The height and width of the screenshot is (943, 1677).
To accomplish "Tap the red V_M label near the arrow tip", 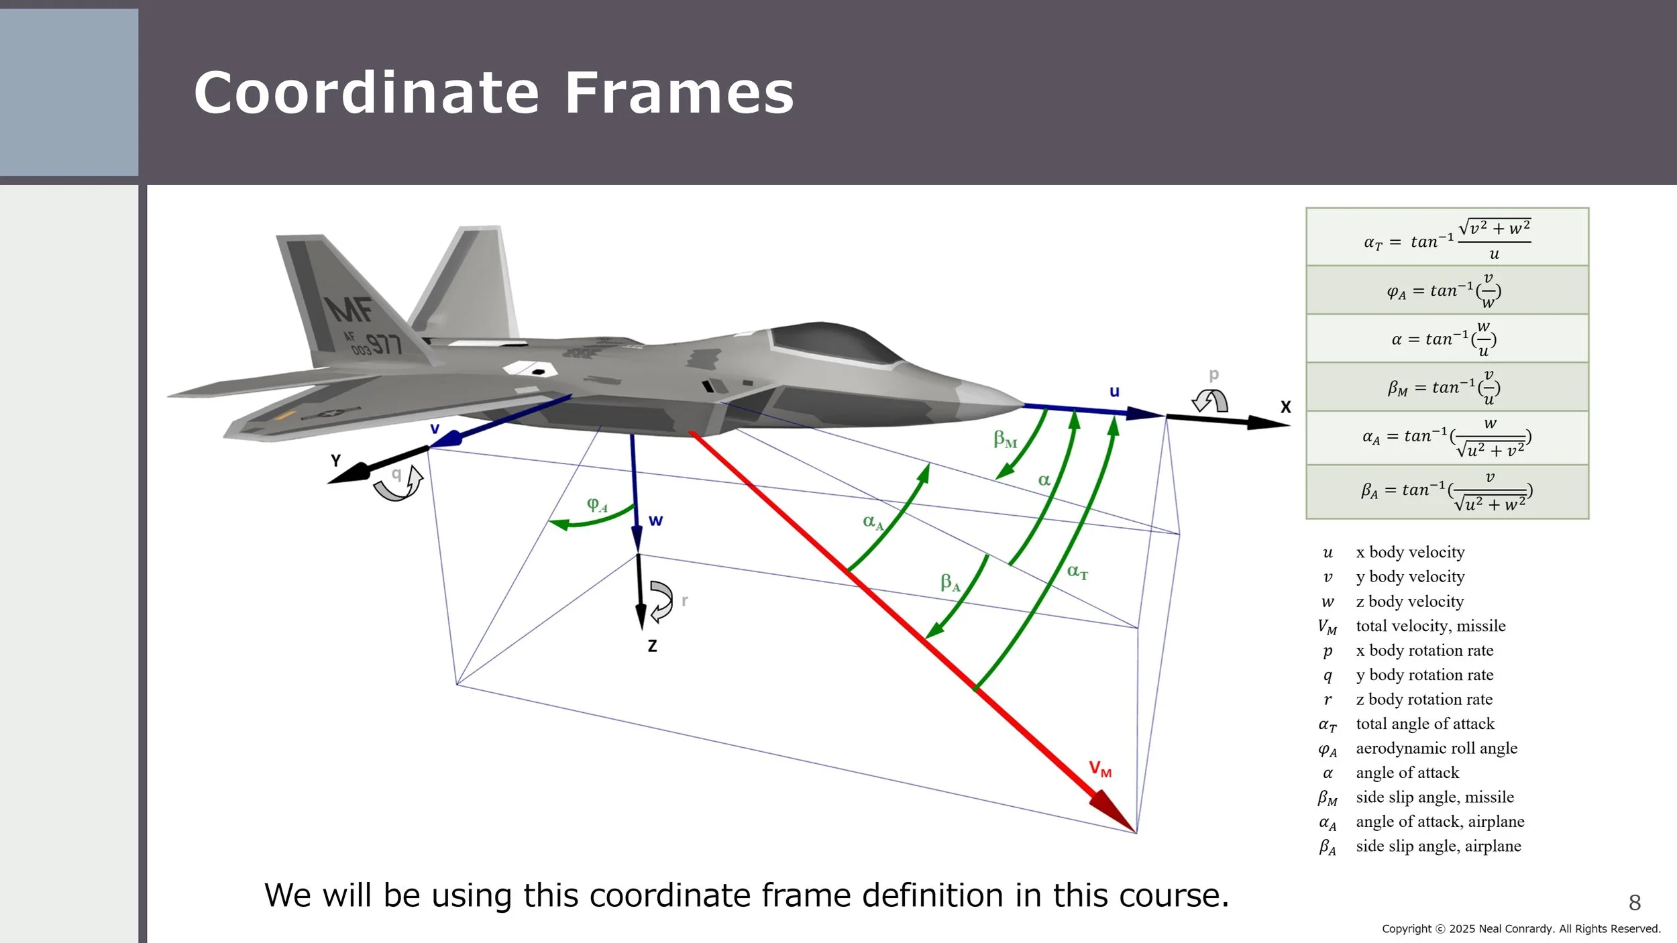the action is tap(1100, 769).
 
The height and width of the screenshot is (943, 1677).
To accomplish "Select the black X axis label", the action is tap(1285, 407).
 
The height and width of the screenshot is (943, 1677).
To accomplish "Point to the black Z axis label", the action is tap(652, 646).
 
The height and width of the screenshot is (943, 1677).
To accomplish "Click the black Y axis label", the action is tap(336, 461).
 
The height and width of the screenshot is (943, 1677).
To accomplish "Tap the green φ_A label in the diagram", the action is tap(596, 504).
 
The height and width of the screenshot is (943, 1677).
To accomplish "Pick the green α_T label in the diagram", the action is tap(1077, 571).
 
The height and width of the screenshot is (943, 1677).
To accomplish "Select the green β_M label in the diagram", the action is tap(1005, 439).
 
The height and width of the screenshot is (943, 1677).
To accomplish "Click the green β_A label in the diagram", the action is tap(950, 582).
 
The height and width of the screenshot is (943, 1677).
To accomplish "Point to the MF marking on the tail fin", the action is tap(349, 310).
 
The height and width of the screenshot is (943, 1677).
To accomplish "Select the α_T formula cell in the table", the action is tap(1447, 237).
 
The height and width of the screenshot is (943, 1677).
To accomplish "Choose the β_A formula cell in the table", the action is tap(1447, 492).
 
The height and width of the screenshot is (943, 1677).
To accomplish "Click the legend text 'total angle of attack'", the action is tap(1425, 724).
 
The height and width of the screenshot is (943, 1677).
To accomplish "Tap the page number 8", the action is tap(1635, 903).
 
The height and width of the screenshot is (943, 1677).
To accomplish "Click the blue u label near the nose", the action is tap(1114, 392).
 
